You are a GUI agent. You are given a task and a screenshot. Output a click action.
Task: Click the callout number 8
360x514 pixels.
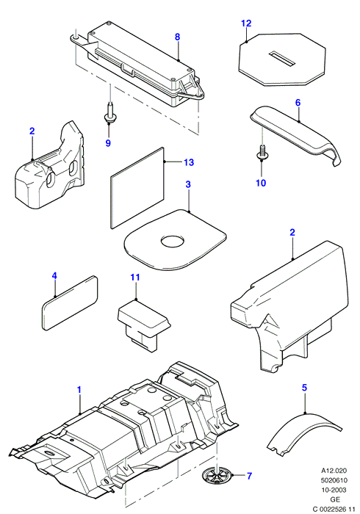tap(177, 37)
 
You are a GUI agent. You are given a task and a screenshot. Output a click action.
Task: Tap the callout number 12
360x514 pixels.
tap(246, 23)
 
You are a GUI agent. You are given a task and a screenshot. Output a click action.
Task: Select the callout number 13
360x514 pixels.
tap(189, 162)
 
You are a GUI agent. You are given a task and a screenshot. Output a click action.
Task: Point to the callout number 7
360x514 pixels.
tap(249, 476)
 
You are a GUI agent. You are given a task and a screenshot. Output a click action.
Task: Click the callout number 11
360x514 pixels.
tap(135, 278)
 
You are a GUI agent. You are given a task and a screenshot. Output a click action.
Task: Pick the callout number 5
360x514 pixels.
tap(304, 388)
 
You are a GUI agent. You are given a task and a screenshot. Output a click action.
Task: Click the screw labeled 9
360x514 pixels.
tap(110, 114)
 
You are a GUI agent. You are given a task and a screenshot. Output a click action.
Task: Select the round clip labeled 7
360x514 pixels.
tap(217, 475)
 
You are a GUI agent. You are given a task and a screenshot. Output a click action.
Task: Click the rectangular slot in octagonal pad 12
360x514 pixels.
tap(282, 59)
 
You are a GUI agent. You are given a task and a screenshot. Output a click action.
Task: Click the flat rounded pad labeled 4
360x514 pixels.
tap(70, 303)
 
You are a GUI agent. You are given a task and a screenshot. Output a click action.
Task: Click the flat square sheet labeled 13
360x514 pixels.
tap(137, 187)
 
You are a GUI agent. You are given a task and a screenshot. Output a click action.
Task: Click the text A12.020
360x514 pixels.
tap(334, 471)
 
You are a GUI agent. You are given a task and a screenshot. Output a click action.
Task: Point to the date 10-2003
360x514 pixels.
tap(334, 490)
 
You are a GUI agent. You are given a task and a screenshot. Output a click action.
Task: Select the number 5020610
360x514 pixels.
tap(334, 480)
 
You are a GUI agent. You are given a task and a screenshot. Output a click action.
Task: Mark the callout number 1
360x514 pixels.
tap(79, 390)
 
